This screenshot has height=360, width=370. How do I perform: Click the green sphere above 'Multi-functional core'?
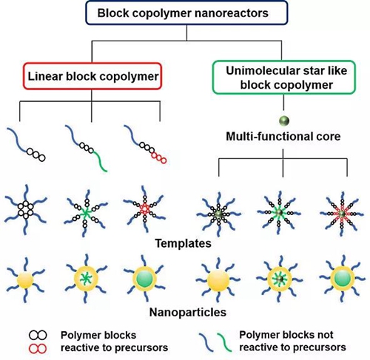click(x=284, y=120)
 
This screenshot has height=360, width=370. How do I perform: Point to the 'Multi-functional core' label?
click(x=283, y=136)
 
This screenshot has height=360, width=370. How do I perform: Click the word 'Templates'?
click(x=184, y=243)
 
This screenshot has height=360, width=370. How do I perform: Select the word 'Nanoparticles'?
click(x=188, y=312)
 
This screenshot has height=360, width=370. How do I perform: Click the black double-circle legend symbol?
click(x=38, y=335)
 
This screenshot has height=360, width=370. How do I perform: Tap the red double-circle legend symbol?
click(x=38, y=349)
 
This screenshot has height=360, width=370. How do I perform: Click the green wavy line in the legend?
click(x=224, y=342)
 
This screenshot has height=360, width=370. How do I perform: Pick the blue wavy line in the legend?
click(x=206, y=342)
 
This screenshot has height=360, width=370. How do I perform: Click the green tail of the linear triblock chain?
click(x=100, y=161)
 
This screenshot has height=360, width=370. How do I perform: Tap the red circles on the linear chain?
click(x=159, y=158)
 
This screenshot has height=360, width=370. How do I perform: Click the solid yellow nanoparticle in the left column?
click(x=25, y=280)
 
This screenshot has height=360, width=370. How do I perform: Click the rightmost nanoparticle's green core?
click(x=343, y=279)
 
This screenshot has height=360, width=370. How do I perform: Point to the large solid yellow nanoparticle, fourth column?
click(x=218, y=280)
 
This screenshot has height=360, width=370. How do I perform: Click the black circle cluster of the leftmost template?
click(x=25, y=209)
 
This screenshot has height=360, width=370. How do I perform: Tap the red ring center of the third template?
click(x=144, y=209)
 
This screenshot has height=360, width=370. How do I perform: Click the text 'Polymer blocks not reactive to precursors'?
click(x=292, y=341)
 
